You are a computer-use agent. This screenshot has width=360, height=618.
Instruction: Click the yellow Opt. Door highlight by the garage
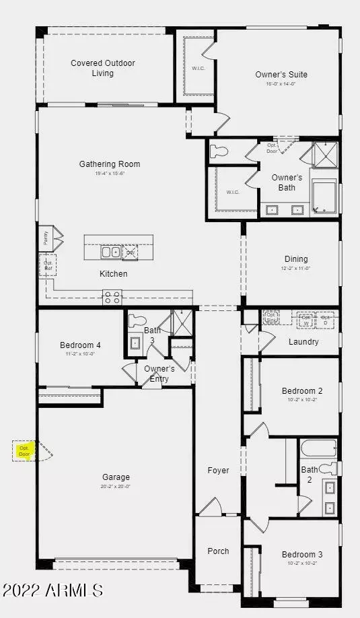[25, 450]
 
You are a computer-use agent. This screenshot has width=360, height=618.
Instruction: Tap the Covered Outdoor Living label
[103, 68]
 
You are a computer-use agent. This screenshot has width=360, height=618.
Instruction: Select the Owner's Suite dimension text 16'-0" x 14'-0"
[281, 84]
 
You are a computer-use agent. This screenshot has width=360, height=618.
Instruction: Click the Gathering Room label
[110, 164]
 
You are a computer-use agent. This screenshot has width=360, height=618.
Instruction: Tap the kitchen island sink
[110, 252]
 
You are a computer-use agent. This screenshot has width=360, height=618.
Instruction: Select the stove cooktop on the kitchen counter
[112, 297]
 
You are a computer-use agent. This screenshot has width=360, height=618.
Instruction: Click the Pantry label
[45, 236]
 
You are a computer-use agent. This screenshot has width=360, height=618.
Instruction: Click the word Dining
[296, 259]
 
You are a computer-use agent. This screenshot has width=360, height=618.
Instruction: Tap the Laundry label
[303, 342]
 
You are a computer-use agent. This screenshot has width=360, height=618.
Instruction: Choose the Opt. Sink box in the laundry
[271, 316]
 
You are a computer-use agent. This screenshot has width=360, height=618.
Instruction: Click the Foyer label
[218, 471]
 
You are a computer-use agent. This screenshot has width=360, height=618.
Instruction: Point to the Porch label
[218, 551]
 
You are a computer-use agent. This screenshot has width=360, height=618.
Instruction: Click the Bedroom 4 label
[80, 345]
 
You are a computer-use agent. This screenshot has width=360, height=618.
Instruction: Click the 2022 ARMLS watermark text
[52, 590]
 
